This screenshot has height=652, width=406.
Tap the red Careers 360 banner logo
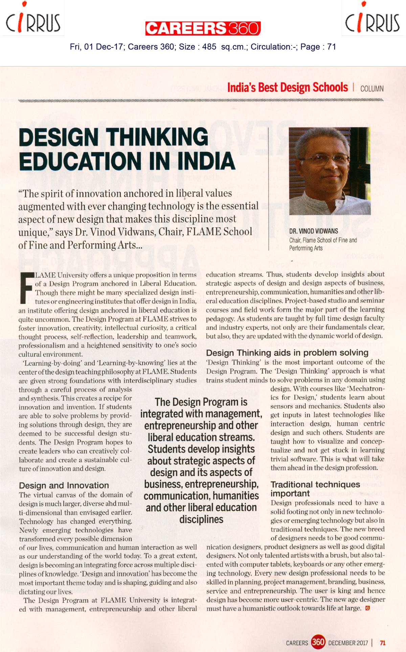[203, 28]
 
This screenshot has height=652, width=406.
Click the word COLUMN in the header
[372, 89]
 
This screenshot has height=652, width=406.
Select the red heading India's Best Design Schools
[287, 87]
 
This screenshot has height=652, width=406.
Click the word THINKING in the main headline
[157, 137]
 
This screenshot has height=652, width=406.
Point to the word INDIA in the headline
[206, 161]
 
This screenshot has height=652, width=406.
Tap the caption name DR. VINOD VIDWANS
[313, 231]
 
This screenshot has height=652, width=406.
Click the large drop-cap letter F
[26, 287]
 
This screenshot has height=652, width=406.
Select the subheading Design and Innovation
[64, 485]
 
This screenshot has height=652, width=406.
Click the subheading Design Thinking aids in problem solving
[287, 353]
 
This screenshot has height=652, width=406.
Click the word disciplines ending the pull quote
[201, 519]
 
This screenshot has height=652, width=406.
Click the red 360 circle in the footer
[318, 642]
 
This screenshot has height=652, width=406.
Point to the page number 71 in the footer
[382, 643]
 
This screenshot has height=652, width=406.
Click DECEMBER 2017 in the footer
[348, 643]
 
